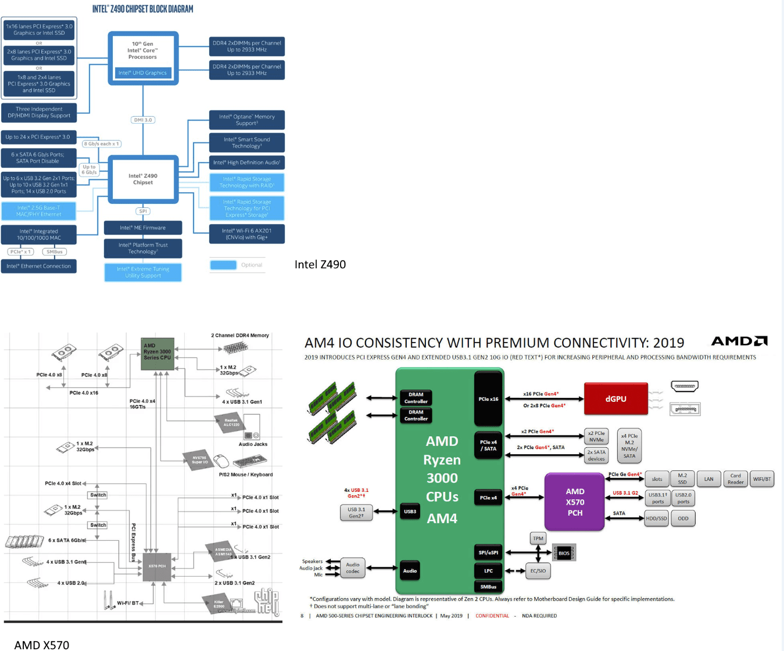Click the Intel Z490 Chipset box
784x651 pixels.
click(x=143, y=179)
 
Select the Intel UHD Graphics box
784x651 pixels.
click(x=142, y=73)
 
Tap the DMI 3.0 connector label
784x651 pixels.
click(x=143, y=120)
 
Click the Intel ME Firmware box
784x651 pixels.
click(x=143, y=228)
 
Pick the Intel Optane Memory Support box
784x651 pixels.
click(x=247, y=120)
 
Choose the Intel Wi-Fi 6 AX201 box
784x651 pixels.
click(x=247, y=234)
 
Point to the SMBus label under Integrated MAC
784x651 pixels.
click(x=55, y=252)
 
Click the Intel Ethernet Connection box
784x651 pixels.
click(x=39, y=266)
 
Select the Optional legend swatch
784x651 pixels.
click(x=223, y=265)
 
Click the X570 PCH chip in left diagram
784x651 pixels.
click(x=157, y=566)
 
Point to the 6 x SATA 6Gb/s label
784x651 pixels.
click(x=67, y=541)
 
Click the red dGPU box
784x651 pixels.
click(x=615, y=399)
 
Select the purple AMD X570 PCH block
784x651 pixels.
click(x=575, y=502)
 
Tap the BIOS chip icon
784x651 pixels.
click(x=563, y=553)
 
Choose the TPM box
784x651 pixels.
click(x=538, y=538)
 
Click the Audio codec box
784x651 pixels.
click(x=353, y=568)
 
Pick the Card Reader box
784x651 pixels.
click(x=735, y=479)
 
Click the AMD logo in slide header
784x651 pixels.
click(x=739, y=341)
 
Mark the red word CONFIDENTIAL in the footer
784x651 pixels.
click(x=492, y=616)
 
